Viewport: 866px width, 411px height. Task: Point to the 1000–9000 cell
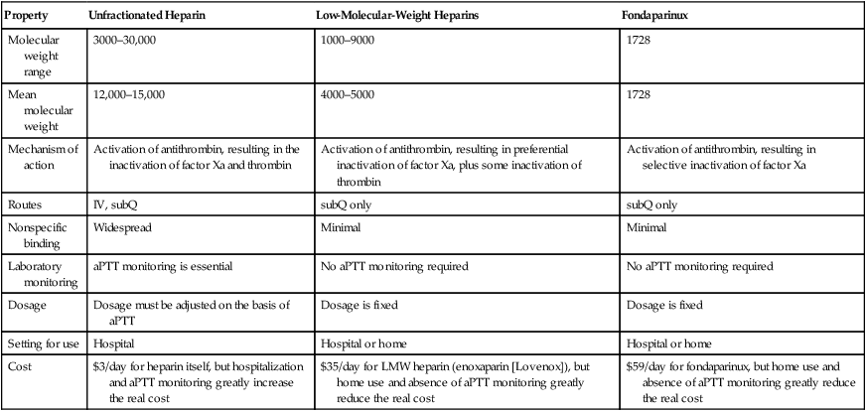point(347,43)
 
